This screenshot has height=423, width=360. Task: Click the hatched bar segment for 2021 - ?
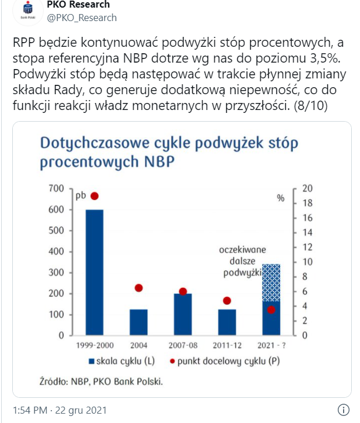point(271,282)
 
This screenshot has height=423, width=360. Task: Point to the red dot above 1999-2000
point(94,196)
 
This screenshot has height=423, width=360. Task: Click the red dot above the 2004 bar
point(139,288)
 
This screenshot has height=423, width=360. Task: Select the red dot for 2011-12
point(227,301)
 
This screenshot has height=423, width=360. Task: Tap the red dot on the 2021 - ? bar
point(271,309)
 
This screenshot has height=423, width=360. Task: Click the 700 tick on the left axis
point(56,188)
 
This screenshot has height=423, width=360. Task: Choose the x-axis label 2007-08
point(182,343)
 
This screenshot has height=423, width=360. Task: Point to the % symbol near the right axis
point(281,198)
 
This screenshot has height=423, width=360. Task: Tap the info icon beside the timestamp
point(344,410)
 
